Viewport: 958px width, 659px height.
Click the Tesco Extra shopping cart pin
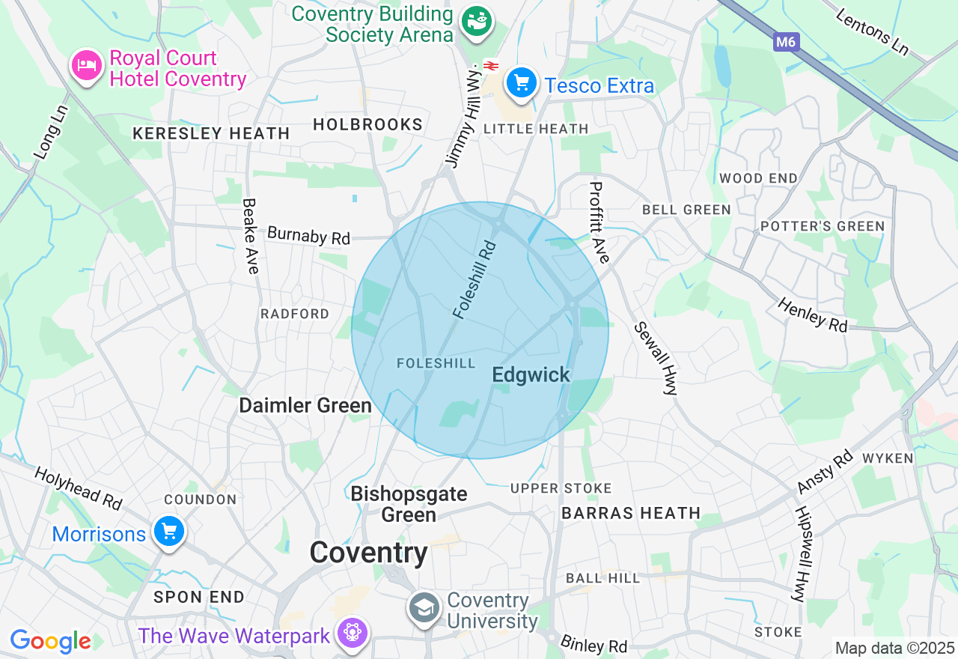point(521,82)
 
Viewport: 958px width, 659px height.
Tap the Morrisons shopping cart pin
point(168,532)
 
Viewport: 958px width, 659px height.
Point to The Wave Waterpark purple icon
point(350,633)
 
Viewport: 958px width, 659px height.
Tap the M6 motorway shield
point(785,42)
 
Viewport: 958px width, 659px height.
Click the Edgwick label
point(531,375)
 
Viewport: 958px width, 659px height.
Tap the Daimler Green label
point(305,405)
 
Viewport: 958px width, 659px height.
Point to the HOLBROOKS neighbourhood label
point(367,124)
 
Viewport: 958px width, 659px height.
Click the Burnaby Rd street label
point(308,235)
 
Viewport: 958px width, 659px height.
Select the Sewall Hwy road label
point(655,358)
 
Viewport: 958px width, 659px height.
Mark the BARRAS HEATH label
point(631,513)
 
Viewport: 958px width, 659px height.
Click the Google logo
point(50,641)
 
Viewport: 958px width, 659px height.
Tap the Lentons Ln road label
point(872,32)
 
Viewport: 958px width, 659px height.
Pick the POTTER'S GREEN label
point(823,226)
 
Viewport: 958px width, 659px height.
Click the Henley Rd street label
point(812,315)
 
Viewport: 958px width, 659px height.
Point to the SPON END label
point(199,597)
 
